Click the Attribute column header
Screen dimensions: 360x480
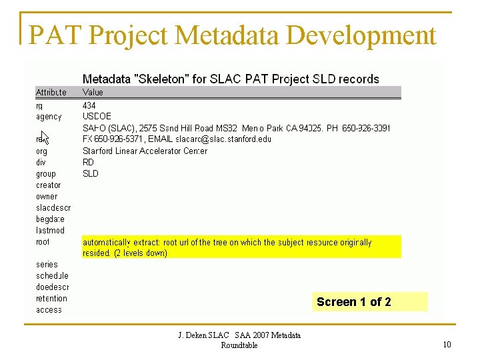coord(51,93)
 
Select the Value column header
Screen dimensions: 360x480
coord(93,93)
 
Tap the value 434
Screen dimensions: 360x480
coord(89,105)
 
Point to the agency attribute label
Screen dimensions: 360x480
coord(49,117)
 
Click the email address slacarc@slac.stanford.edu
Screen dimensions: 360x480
coord(223,139)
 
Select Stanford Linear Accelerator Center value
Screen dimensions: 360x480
coord(145,151)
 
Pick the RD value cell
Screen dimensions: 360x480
coord(89,162)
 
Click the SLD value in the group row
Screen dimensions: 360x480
coord(91,173)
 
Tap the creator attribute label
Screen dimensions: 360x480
coord(48,185)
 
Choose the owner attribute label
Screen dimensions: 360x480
coord(47,196)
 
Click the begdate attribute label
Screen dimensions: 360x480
coord(50,219)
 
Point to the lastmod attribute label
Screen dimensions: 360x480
coord(50,230)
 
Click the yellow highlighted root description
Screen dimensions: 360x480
coord(241,247)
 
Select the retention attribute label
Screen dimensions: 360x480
coord(52,298)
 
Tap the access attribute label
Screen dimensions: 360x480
coord(49,309)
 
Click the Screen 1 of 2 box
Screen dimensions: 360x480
coord(371,302)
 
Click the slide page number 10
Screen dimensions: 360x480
coord(447,344)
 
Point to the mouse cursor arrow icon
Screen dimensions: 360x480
coord(45,137)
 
